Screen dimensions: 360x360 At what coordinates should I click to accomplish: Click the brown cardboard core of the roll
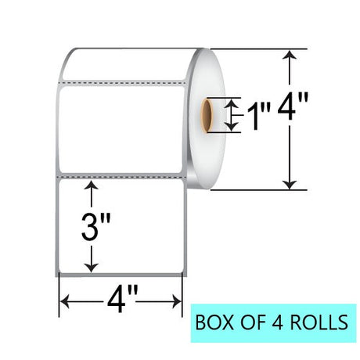click(x=207, y=115)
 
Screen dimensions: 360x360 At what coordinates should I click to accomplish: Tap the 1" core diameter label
click(x=258, y=116)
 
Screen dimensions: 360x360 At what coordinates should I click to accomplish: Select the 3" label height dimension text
click(x=95, y=226)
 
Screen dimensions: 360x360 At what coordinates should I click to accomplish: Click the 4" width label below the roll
click(x=121, y=299)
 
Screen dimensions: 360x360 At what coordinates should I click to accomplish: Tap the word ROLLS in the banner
click(x=319, y=322)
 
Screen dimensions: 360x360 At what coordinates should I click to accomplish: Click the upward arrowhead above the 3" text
click(x=92, y=185)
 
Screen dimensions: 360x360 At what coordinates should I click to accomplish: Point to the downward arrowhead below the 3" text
click(x=92, y=268)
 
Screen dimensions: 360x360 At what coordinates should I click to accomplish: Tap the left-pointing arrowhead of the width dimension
click(x=65, y=301)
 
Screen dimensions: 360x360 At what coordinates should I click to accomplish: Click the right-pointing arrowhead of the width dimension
click(x=177, y=301)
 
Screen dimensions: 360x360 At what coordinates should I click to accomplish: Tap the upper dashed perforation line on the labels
click(x=121, y=83)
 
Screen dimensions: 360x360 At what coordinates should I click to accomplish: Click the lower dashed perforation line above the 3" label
click(x=121, y=177)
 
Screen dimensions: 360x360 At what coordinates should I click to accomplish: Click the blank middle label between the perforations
click(x=121, y=130)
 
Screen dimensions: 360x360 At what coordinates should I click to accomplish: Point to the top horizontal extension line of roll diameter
click(x=259, y=49)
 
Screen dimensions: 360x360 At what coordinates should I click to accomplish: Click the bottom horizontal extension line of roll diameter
click(x=259, y=190)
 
